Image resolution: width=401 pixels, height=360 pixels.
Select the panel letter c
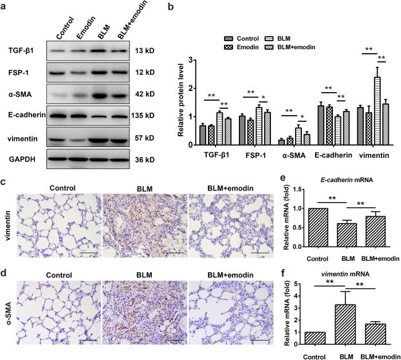[x=4, y=182]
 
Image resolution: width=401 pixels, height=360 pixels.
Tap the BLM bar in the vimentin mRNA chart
[x=347, y=325]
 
